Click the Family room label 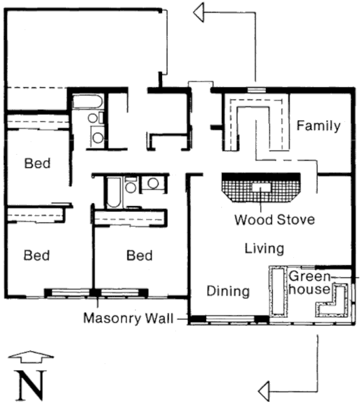319,126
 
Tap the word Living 264,249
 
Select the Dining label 228,291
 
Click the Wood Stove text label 275,220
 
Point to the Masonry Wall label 128,318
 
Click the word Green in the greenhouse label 309,277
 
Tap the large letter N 31,385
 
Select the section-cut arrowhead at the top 199,12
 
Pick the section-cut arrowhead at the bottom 264,392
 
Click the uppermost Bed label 37,163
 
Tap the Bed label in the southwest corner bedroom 37,255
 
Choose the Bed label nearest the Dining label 139,255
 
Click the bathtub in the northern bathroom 87,102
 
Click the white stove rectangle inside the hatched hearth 261,187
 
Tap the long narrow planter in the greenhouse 278,291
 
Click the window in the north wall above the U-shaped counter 257,90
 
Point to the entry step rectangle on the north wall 201,85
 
